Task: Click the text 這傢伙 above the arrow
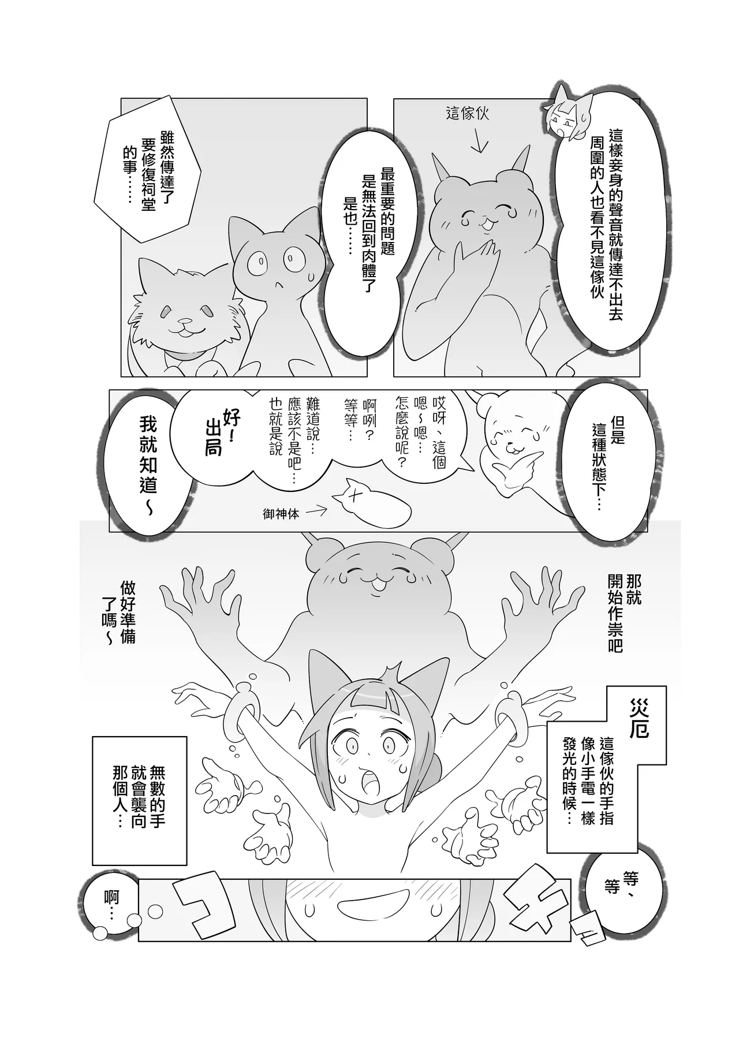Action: pos(467,114)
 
